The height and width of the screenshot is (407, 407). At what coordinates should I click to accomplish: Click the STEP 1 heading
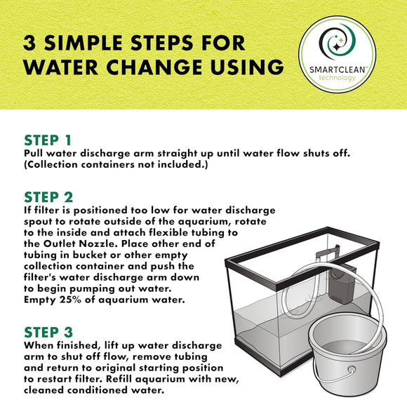pyautogui.click(x=48, y=140)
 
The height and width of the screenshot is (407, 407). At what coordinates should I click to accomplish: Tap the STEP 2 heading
pyautogui.click(x=48, y=197)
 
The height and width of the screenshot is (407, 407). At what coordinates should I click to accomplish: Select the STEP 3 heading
pyautogui.click(x=48, y=332)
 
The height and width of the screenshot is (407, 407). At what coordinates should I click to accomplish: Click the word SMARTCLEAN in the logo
pyautogui.click(x=338, y=70)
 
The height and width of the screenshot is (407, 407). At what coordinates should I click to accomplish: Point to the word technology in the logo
pyautogui.click(x=337, y=78)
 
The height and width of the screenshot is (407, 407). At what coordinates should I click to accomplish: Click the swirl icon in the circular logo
pyautogui.click(x=337, y=41)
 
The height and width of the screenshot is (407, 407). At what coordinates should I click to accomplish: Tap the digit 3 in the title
pyautogui.click(x=29, y=43)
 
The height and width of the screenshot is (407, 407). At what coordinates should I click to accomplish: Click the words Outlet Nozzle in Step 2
pyautogui.click(x=79, y=243)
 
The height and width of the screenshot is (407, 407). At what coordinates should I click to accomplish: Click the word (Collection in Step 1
pyautogui.click(x=51, y=165)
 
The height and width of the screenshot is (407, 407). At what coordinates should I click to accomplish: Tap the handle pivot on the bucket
pyautogui.click(x=352, y=369)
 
